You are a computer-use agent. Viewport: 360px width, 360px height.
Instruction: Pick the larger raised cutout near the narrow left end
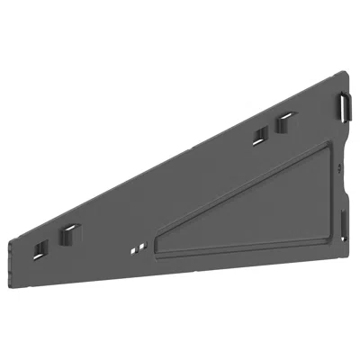coord(67,236)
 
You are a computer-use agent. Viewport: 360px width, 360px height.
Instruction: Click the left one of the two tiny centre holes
coord(132,245)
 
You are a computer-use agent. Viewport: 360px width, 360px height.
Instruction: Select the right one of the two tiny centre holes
coord(139,242)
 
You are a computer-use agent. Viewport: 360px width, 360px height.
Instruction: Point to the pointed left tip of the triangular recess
coord(154,249)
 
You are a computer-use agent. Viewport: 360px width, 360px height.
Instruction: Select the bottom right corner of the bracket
coord(347,245)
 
